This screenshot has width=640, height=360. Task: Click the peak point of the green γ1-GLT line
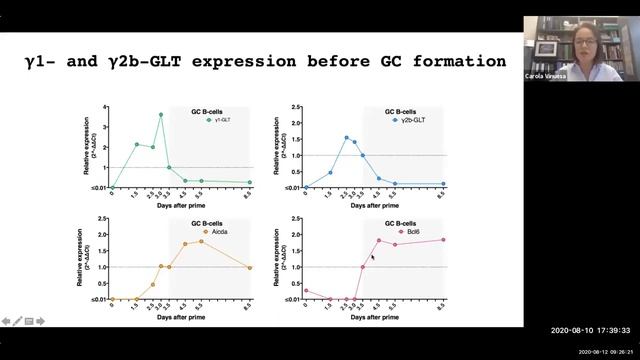[160, 114]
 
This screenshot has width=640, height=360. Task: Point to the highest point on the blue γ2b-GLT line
[346, 137]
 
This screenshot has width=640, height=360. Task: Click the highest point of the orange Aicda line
[201, 240]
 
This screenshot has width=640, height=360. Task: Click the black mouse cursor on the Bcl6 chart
[372, 257]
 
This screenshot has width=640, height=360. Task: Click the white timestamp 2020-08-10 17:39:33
[591, 331]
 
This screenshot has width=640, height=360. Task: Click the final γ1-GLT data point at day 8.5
[249, 182]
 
